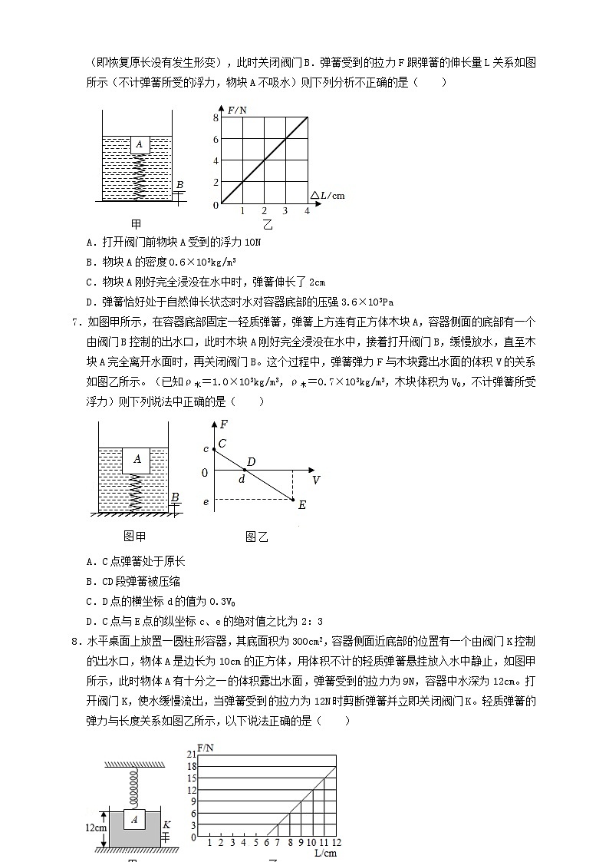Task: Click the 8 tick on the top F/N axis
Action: click(216, 117)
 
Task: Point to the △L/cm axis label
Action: click(328, 195)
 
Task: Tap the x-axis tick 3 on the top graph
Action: click(286, 211)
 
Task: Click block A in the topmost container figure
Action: click(139, 144)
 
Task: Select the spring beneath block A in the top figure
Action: click(140, 176)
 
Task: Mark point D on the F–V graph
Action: click(249, 463)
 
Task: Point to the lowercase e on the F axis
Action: click(205, 502)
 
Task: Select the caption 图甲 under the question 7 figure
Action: click(134, 537)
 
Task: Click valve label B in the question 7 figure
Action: click(175, 498)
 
